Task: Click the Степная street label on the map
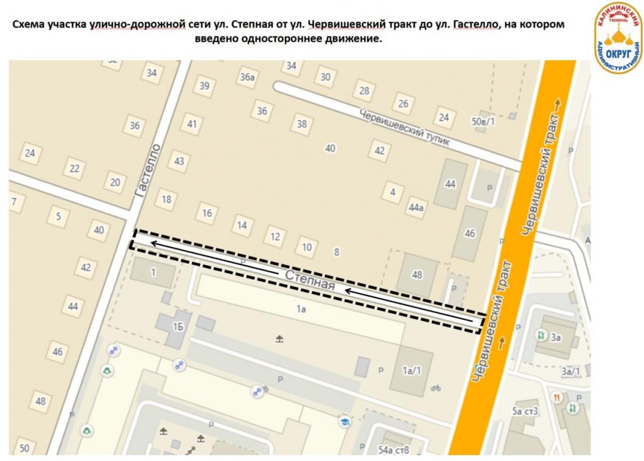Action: (310, 281)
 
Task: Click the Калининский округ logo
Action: (618, 36)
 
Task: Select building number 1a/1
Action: (413, 370)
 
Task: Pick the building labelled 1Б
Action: (178, 327)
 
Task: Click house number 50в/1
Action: (483, 122)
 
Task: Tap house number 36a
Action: (247, 77)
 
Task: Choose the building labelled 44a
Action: (416, 208)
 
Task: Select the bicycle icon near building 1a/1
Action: (435, 387)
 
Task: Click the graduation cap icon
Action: (345, 421)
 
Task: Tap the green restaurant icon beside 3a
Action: (541, 335)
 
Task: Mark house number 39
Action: (205, 86)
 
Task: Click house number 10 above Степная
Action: (307, 247)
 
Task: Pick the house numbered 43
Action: (179, 161)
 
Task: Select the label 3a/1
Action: (570, 371)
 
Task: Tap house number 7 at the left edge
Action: (13, 201)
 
